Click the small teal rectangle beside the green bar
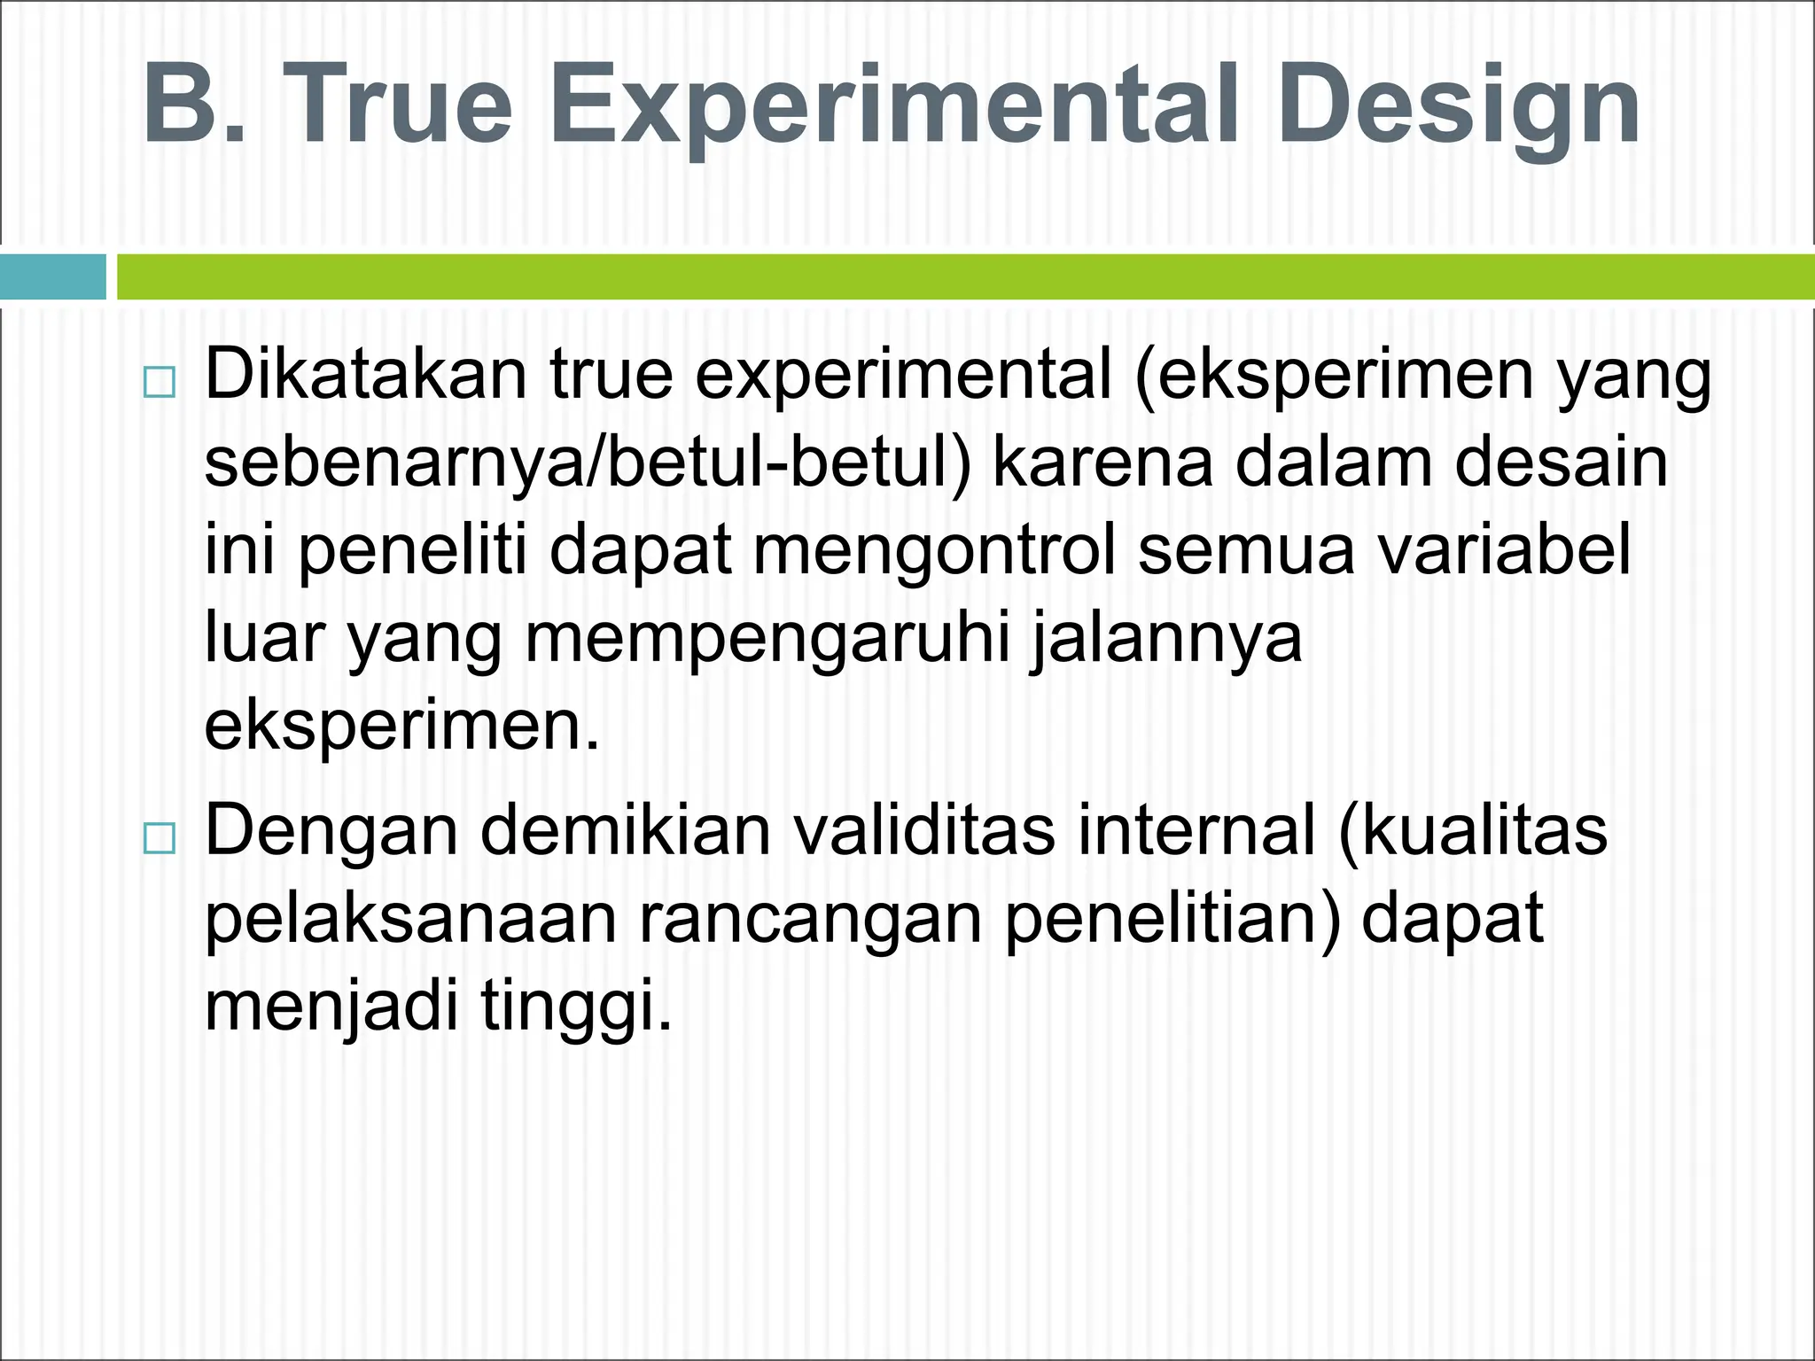pyautogui.click(x=53, y=277)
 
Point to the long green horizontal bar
pyautogui.click(x=964, y=277)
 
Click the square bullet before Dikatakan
pyautogui.click(x=160, y=383)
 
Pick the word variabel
pyautogui.click(x=1506, y=549)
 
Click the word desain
pyautogui.click(x=1562, y=463)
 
